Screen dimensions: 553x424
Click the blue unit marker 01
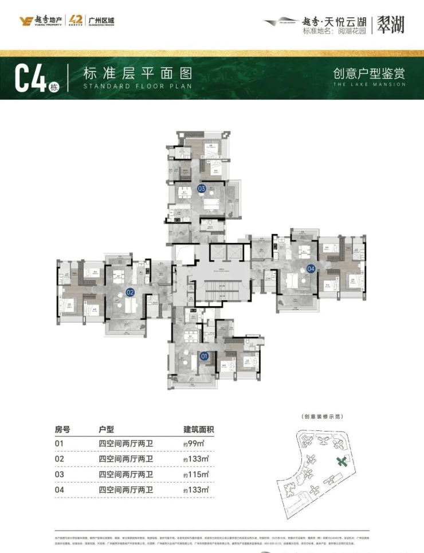pyautogui.click(x=204, y=356)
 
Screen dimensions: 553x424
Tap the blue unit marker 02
pyautogui.click(x=130, y=292)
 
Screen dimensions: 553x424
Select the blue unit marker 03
pyautogui.click(x=202, y=188)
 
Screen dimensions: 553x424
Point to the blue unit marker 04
pyautogui.click(x=311, y=268)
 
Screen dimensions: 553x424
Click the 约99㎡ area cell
pyautogui.click(x=193, y=444)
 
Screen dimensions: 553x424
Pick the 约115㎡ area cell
pyautogui.click(x=195, y=474)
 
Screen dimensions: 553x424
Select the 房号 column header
pyautogui.click(x=62, y=429)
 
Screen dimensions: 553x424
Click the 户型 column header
pyautogui.click(x=107, y=429)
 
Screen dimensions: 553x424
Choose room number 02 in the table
pyautogui.click(x=59, y=459)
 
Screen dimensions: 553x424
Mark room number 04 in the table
pyautogui.click(x=59, y=490)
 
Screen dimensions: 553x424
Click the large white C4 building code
pyautogui.click(x=30, y=78)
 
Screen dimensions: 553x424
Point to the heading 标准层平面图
pyautogui.click(x=137, y=73)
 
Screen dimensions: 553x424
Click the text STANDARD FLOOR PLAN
pyautogui.click(x=137, y=86)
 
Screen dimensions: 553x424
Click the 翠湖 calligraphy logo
pyautogui.click(x=391, y=23)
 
